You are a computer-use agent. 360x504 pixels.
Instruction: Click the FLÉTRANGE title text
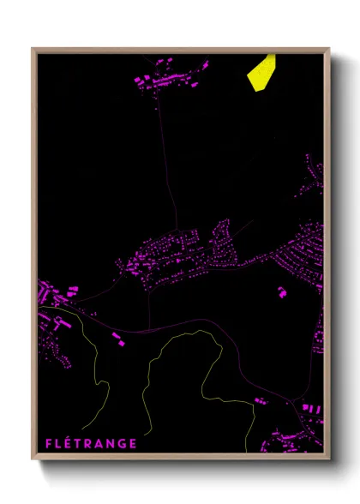tap(90, 443)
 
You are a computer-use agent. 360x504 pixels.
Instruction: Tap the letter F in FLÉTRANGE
tap(48, 443)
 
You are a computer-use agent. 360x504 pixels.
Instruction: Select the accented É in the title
tap(69, 443)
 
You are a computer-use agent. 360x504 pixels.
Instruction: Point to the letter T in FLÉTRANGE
tap(79, 443)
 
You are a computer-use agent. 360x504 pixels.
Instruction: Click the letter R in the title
tap(89, 443)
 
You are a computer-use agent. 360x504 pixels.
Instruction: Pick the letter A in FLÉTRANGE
tap(100, 443)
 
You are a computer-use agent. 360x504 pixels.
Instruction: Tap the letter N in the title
tap(111, 443)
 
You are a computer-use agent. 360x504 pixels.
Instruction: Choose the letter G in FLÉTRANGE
tap(123, 443)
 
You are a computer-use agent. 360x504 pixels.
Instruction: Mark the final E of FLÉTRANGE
tap(133, 443)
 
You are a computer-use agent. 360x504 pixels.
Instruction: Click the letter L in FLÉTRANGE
tap(58, 443)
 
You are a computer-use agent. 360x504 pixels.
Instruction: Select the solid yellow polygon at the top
tap(261, 70)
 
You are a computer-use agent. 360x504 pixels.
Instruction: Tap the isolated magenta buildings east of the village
tap(281, 291)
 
